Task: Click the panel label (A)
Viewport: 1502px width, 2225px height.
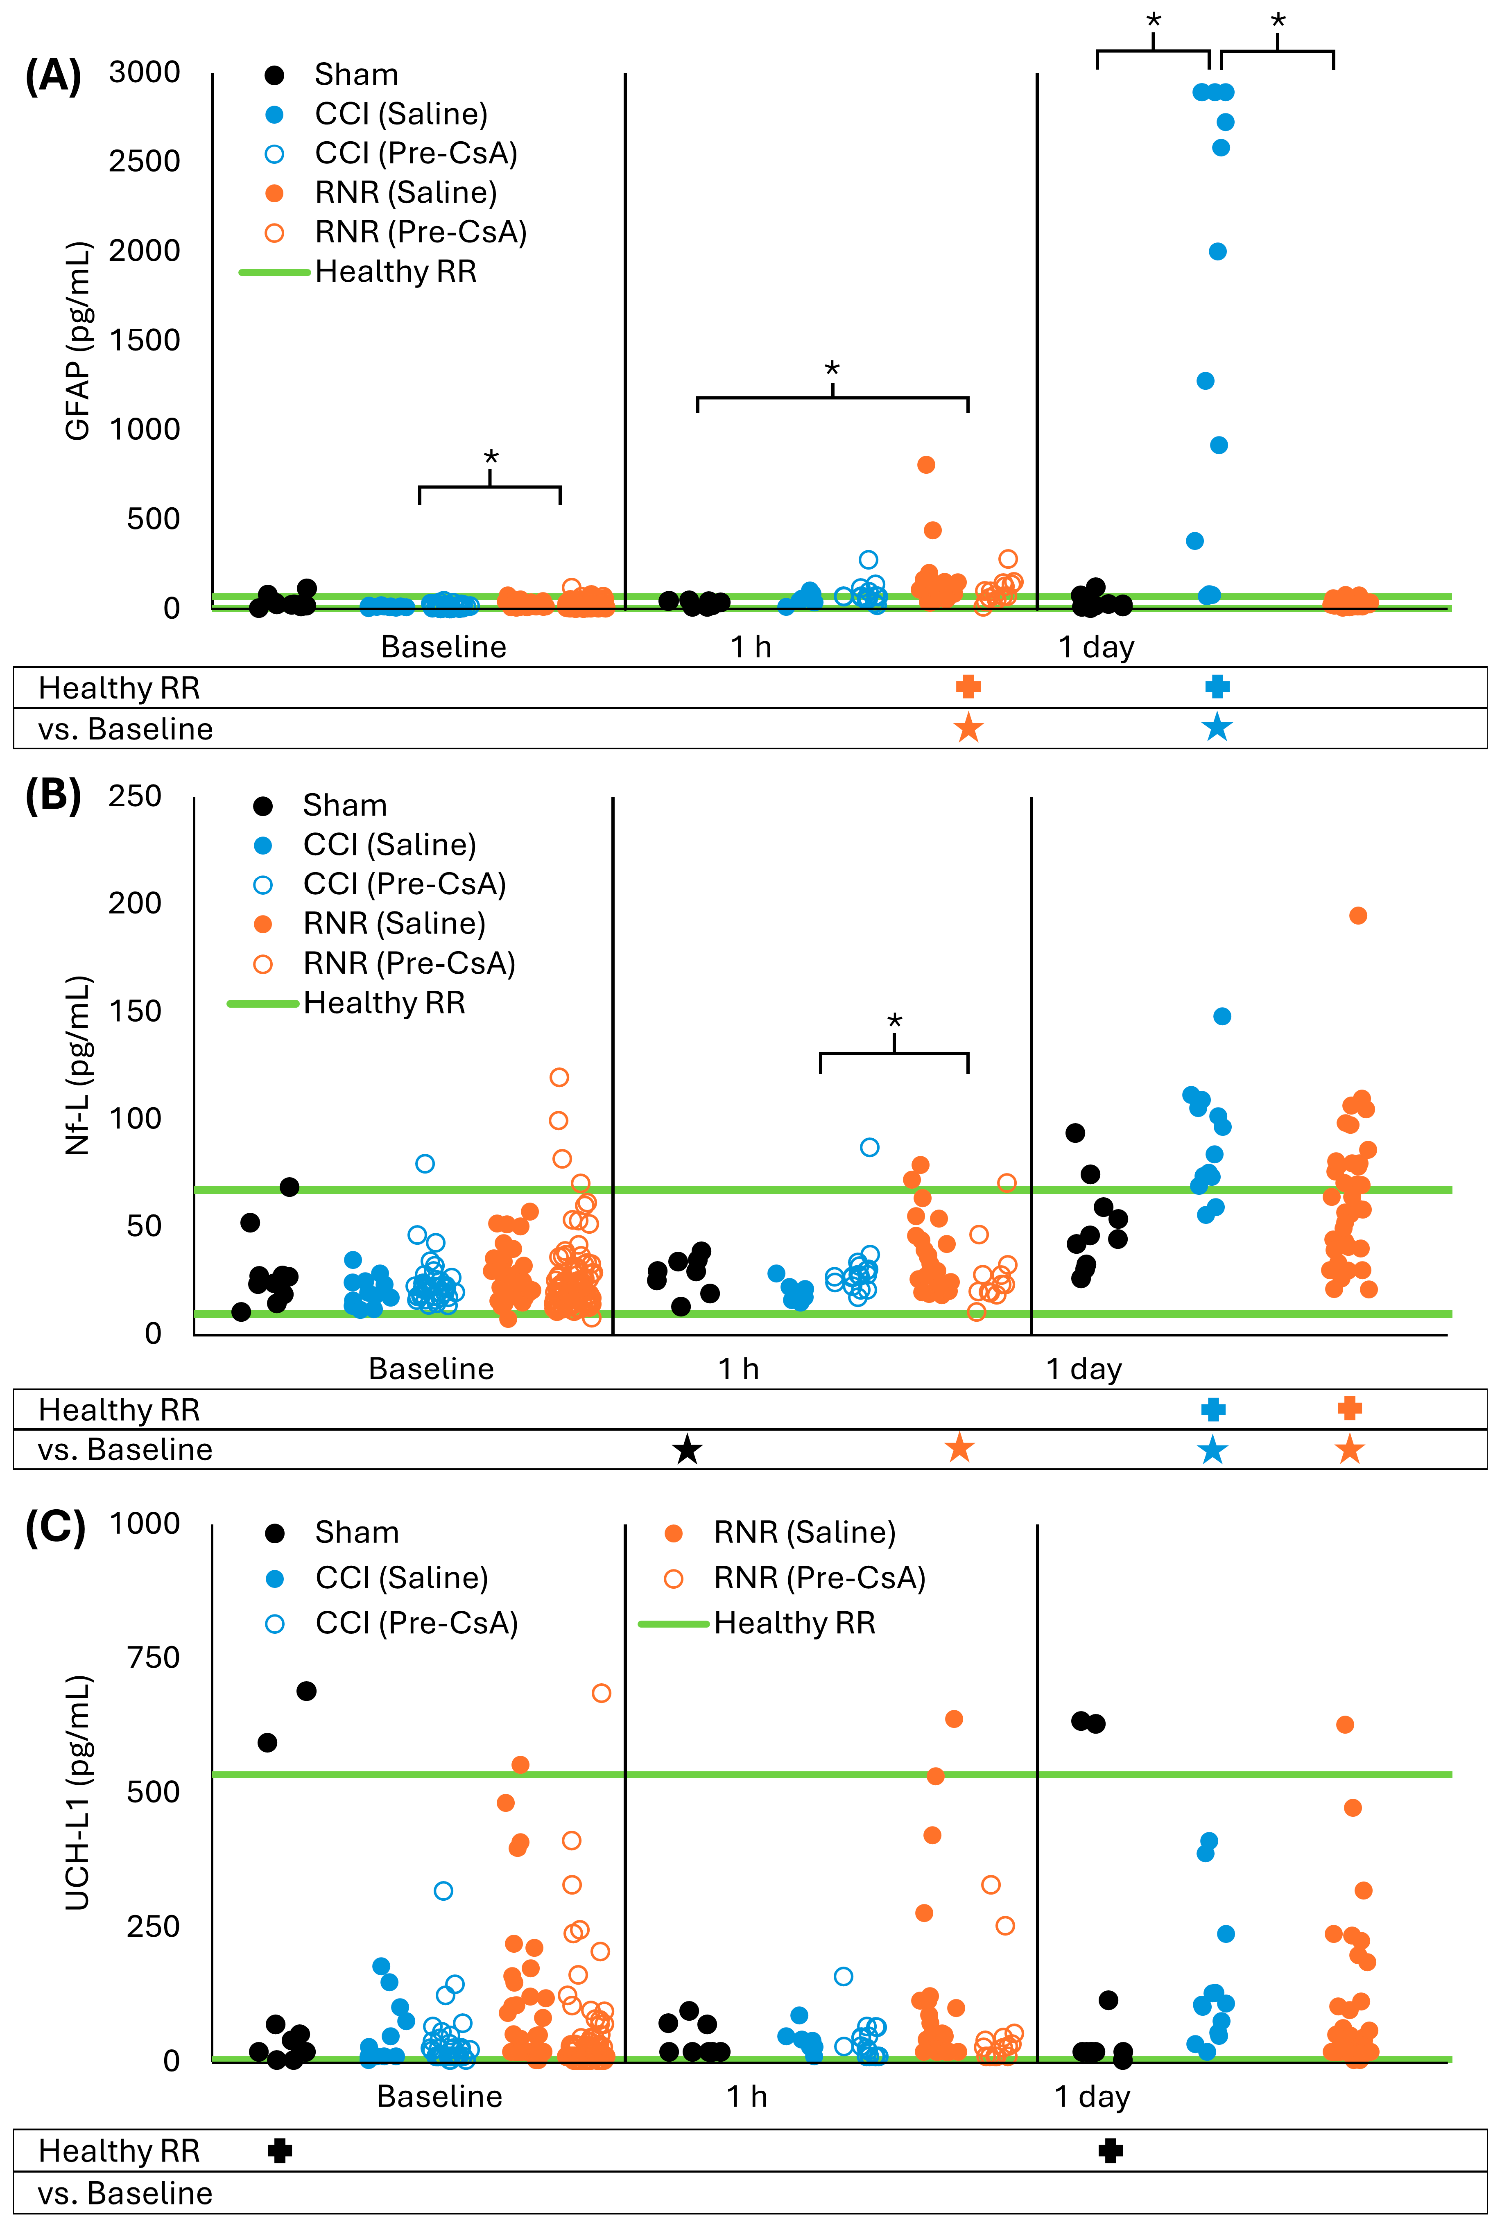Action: pyautogui.click(x=53, y=76)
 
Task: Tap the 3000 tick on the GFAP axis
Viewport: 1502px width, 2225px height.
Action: pyautogui.click(x=145, y=72)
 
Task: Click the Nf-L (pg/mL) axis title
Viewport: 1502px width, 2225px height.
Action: pyautogui.click(x=77, y=1065)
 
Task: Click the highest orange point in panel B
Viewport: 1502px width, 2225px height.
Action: pyautogui.click(x=1357, y=915)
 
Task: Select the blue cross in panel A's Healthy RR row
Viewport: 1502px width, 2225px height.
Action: pyautogui.click(x=1217, y=686)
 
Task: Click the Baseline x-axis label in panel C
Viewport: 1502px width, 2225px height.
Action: pyautogui.click(x=439, y=2097)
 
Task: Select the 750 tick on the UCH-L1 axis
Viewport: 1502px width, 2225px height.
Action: pyautogui.click(x=153, y=1657)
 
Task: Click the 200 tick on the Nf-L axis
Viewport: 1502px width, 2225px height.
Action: pyautogui.click(x=135, y=903)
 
